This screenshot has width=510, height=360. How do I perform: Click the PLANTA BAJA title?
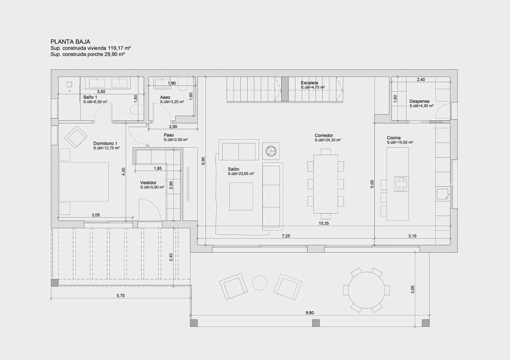[x=70, y=42]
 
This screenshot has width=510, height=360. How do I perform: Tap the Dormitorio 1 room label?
[x=105, y=144]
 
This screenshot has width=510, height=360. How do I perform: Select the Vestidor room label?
[x=148, y=183]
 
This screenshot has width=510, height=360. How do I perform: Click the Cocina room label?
[x=394, y=138]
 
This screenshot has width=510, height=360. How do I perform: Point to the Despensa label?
[x=419, y=101]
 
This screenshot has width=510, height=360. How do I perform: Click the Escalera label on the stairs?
[x=309, y=83]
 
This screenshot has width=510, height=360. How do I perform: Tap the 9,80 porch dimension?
[x=310, y=313]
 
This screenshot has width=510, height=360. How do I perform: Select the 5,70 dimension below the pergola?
[x=120, y=296]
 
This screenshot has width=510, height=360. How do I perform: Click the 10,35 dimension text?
[x=324, y=224]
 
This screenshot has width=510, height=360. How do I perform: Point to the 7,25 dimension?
[x=286, y=236]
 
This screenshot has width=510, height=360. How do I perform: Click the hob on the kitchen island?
[x=401, y=184]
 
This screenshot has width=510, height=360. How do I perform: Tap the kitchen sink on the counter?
[x=442, y=194]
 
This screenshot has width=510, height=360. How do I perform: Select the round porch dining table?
[x=366, y=290]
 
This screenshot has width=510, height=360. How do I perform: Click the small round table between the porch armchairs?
[x=259, y=283]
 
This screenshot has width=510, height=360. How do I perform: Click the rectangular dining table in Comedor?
[x=325, y=184]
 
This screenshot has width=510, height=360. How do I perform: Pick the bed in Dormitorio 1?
[x=84, y=182]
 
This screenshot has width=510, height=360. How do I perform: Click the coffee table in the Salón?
[x=241, y=196]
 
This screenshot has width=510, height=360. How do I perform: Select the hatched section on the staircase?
[x=285, y=89]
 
